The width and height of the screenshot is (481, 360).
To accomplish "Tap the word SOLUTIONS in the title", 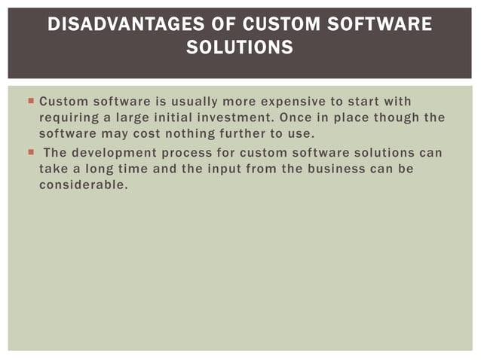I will click(x=240, y=48).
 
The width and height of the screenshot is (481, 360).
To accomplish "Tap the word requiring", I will click(x=69, y=118).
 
